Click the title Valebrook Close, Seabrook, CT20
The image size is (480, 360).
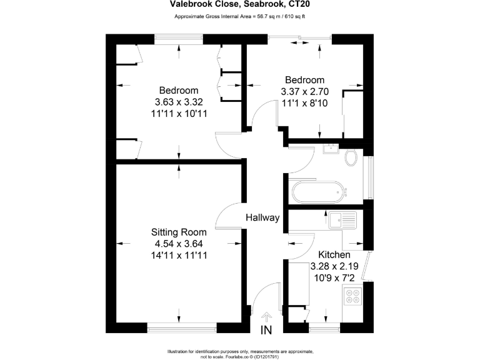point(240,5)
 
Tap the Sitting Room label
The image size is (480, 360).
point(180,232)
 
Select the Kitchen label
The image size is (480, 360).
point(334,255)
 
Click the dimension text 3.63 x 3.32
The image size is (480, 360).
point(179,102)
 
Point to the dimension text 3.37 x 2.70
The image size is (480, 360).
point(305,91)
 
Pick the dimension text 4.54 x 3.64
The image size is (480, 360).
point(180,244)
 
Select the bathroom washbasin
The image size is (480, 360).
point(329,149)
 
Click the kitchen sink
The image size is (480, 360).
point(342,219)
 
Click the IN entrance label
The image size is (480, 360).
point(267,330)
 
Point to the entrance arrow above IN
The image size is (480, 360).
point(267,317)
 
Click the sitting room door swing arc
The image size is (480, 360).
point(224,216)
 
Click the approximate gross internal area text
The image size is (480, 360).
point(240,17)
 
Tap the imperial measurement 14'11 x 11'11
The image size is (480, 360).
point(180,255)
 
